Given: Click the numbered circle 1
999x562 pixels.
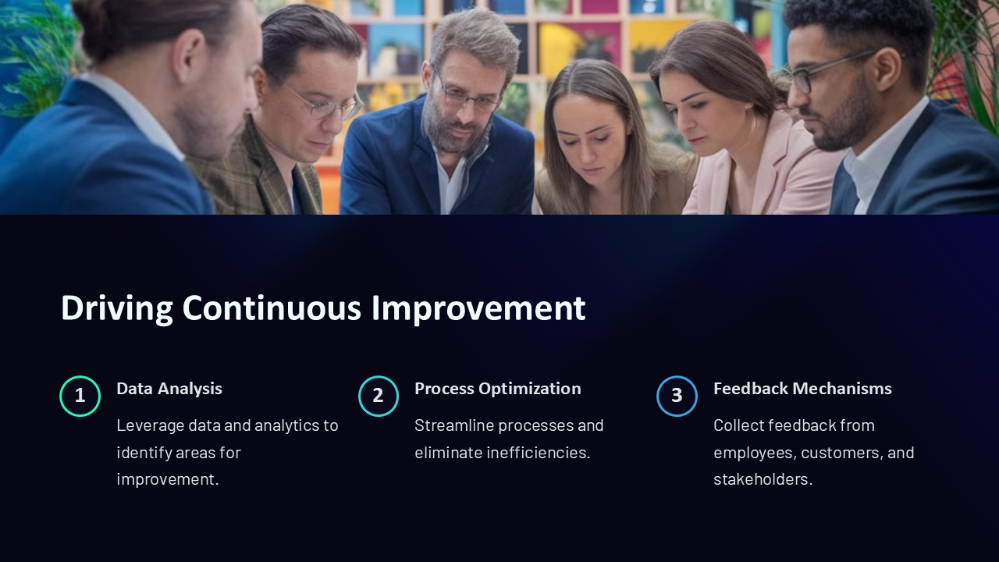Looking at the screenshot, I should [80, 396].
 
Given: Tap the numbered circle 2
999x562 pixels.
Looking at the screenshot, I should [379, 396].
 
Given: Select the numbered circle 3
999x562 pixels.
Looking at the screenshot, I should [677, 396].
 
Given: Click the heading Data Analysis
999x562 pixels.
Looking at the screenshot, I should [169, 389].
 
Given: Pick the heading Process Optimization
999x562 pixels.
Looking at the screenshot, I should [497, 389].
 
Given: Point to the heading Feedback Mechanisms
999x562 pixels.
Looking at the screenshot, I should [802, 389].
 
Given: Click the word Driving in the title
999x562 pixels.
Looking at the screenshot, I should [117, 308].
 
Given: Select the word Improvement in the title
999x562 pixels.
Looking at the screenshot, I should [478, 308].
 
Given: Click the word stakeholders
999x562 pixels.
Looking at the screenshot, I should [762, 479].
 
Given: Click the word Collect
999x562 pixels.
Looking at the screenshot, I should [737, 426].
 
